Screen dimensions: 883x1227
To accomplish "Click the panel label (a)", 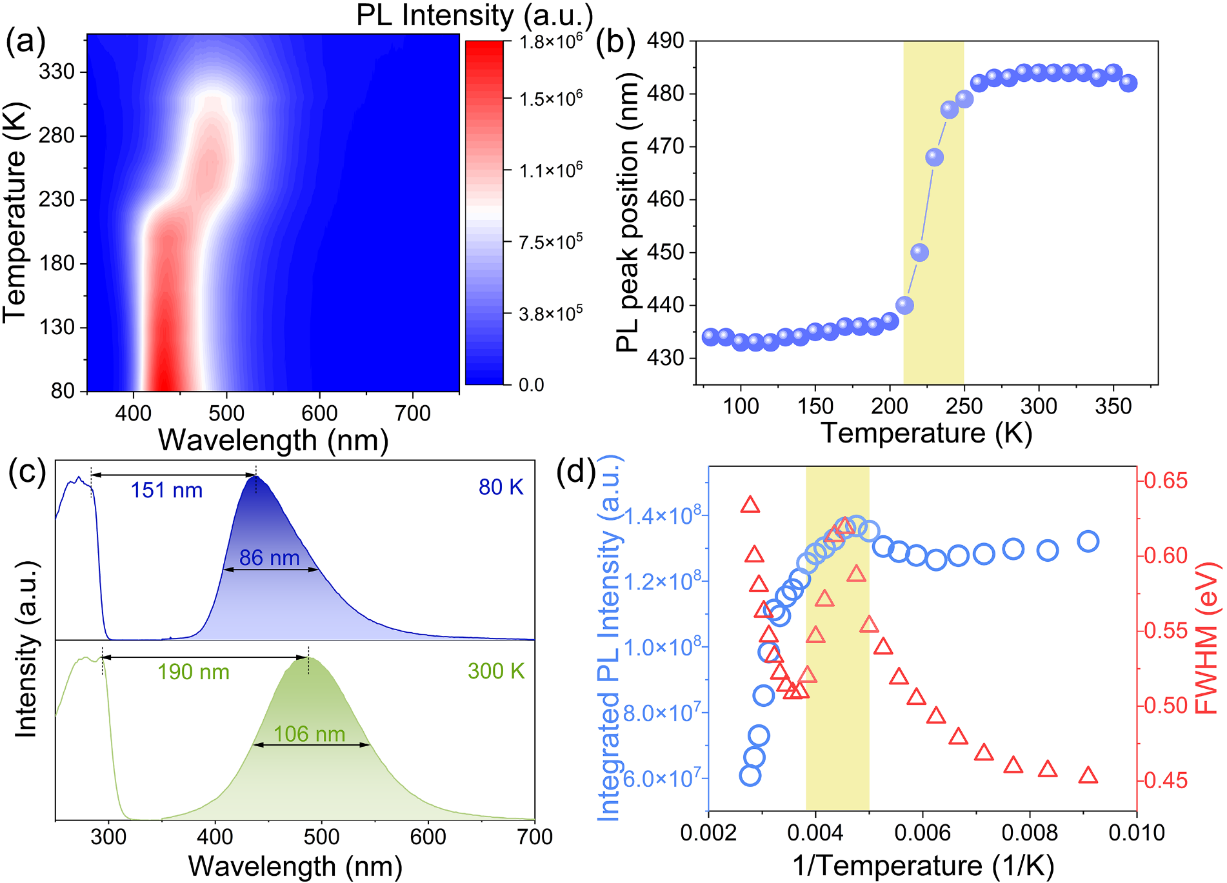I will tap(26, 43).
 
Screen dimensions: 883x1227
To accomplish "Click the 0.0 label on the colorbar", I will tap(531, 385).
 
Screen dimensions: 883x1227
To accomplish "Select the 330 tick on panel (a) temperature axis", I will tap(57, 72).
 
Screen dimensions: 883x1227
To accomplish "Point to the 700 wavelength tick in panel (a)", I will tap(412, 413).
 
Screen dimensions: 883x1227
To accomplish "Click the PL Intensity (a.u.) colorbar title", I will tap(474, 15).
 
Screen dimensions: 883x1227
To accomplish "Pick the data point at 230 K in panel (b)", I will tap(934, 157).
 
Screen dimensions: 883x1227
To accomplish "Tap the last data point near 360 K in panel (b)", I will tap(1128, 83).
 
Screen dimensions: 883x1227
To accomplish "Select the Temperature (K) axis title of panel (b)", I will tap(926, 433).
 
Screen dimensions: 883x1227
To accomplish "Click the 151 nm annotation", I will tap(166, 490).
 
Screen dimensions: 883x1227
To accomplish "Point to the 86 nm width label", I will tap(269, 558).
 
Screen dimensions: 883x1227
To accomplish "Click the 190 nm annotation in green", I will tap(194, 672).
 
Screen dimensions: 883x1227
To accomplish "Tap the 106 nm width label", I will tap(309, 734).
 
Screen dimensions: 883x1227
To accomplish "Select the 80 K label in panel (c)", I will tap(501, 488).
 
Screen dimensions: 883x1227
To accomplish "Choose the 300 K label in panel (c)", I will tap(495, 671).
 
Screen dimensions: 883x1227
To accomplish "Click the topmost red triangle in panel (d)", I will tap(750, 504).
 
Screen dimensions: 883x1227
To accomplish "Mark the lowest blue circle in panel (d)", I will tap(750, 775).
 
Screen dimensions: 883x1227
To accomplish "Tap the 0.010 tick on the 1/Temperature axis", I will tap(1136, 833).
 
